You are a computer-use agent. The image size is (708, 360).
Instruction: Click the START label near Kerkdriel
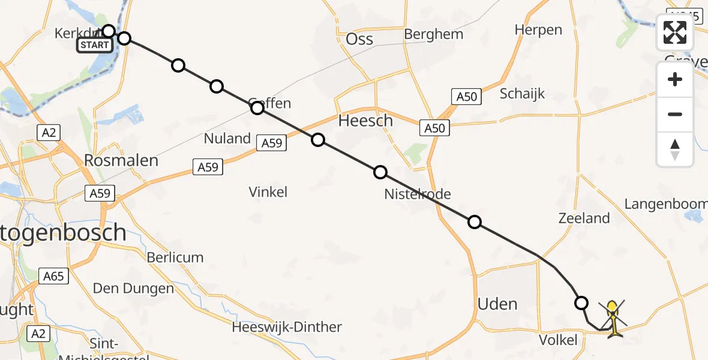click(x=94, y=45)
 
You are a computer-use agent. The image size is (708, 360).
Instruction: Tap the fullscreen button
click(x=675, y=32)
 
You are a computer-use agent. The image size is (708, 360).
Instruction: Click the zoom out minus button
click(x=675, y=114)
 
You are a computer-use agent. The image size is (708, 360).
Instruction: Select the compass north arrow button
click(x=675, y=149)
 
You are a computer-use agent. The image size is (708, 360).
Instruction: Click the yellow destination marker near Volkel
click(x=611, y=317)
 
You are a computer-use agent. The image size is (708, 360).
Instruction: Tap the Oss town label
click(x=359, y=40)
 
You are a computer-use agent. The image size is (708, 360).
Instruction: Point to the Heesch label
click(x=365, y=121)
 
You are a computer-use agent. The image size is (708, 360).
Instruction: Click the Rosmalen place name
click(x=121, y=161)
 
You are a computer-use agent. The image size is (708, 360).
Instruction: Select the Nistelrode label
click(x=418, y=194)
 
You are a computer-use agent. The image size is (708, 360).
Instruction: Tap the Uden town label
click(x=497, y=304)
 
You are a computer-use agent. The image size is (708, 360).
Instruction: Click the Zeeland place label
click(x=584, y=218)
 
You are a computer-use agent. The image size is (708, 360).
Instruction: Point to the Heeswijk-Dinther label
click(x=287, y=327)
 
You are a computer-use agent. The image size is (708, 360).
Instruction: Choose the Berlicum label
click(x=175, y=257)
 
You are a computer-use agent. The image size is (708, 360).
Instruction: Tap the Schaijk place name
click(x=522, y=94)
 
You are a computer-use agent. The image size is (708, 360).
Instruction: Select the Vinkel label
click(x=268, y=192)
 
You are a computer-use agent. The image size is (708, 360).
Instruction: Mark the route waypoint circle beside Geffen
click(x=257, y=108)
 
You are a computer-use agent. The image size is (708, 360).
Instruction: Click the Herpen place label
click(x=538, y=30)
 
